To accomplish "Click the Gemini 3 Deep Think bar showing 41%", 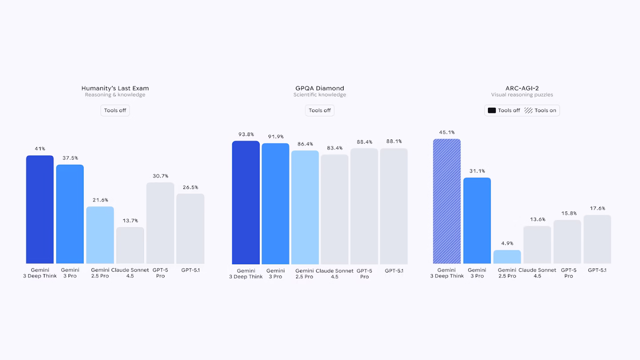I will (x=40, y=209).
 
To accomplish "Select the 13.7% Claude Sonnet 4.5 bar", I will (x=130, y=245).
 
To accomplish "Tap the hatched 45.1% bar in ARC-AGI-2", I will (x=447, y=201).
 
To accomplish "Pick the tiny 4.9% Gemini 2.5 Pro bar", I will (x=507, y=257).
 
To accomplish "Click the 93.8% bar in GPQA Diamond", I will (x=246, y=203).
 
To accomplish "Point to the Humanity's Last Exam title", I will (x=115, y=88).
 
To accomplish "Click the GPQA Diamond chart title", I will (x=320, y=88).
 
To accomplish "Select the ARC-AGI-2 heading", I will (x=522, y=88).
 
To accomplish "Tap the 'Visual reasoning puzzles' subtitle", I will (x=522, y=95).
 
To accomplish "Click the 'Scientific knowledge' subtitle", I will (x=320, y=95).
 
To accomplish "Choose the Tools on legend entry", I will (x=540, y=111).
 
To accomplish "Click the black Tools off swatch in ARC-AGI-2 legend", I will (x=492, y=111).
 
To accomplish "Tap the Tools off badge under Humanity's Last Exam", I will (x=115, y=111).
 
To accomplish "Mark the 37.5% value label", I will (x=70, y=158).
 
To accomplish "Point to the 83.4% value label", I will (x=334, y=148).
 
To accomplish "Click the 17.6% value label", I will (x=597, y=208).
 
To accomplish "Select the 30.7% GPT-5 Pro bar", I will (x=160, y=223).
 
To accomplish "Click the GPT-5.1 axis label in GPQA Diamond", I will (x=394, y=271).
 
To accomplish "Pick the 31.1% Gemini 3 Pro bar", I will (x=477, y=221).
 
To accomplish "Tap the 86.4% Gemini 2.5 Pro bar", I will (x=305, y=208).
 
